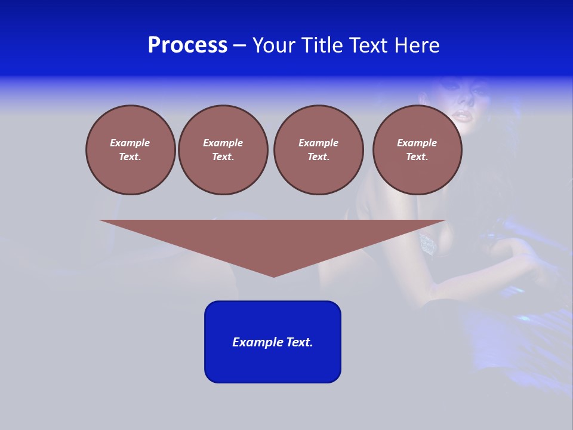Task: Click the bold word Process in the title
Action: pos(187,45)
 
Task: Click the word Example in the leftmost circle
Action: pos(130,143)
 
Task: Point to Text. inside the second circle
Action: pos(223,156)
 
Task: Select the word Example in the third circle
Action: pos(318,143)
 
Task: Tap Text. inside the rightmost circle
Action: pos(417,156)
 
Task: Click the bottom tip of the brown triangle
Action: pos(273,275)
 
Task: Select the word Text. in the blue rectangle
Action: pos(300,342)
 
